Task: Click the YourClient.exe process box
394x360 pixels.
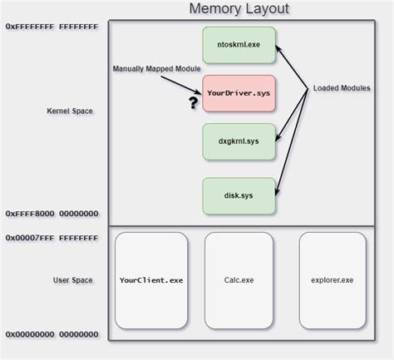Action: coord(151,280)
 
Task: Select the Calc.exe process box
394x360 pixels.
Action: coord(239,280)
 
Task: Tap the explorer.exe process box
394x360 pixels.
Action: coord(332,280)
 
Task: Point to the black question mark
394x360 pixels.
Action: coord(193,103)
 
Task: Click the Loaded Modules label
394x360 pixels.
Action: coord(342,88)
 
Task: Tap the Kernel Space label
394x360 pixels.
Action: coord(70,111)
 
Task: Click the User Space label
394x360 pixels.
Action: coord(72,280)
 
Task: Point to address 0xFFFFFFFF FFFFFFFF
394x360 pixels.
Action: coord(52,27)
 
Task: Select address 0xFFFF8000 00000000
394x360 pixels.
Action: coord(52,214)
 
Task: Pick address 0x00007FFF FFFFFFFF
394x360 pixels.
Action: coord(52,237)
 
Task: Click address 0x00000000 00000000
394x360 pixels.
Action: coord(52,334)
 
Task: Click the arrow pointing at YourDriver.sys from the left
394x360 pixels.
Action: coord(188,81)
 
